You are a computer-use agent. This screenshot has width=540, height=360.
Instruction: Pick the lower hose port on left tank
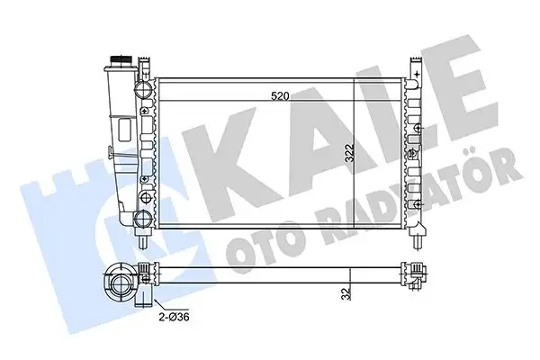point(140,219)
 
